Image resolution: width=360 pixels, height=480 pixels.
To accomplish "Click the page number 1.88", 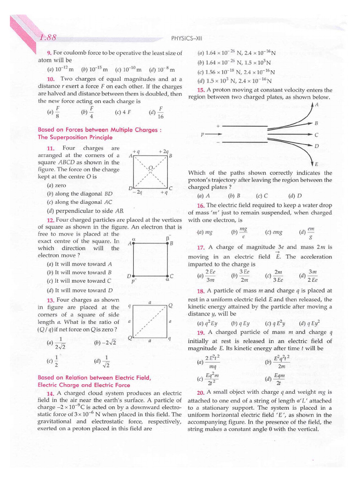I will (48, 37).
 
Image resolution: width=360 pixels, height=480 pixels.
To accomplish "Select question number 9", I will (48, 53).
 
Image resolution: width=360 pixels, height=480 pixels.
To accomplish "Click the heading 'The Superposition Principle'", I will (75, 137).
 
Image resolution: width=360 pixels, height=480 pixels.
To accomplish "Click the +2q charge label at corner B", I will (163, 151).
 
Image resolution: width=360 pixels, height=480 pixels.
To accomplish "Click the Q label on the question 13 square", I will (170, 305).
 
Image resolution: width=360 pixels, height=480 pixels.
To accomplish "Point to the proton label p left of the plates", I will (202, 134).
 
